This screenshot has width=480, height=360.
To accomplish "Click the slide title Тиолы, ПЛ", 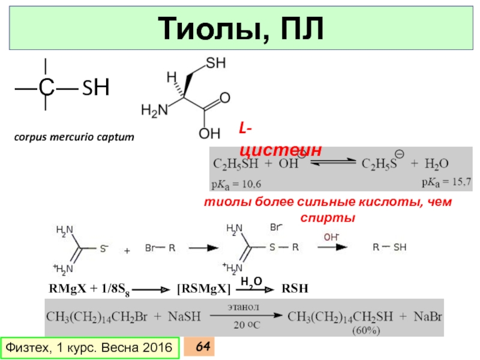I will tap(240, 28).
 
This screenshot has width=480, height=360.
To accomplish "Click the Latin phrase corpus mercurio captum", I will tap(75, 137).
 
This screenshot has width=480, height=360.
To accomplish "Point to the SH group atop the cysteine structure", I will tap(215, 63).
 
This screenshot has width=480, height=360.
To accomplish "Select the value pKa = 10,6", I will tap(236, 182).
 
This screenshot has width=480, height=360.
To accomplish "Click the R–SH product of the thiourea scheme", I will tap(389, 247).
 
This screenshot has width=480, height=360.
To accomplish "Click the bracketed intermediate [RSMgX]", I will tap(203, 289).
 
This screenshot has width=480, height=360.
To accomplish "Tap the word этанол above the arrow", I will tap(242, 307).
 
